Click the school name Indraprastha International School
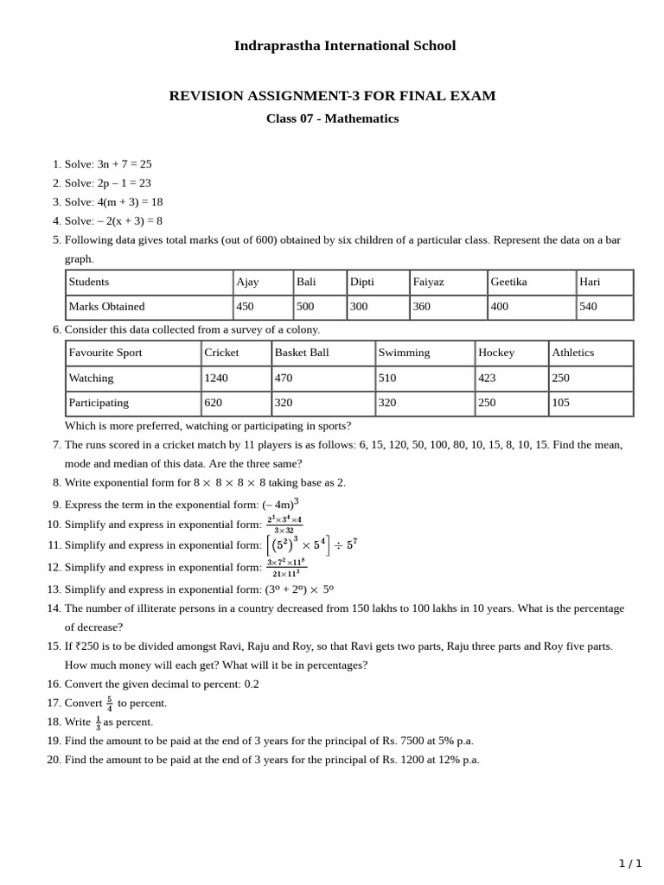click(344, 46)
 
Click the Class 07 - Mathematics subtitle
click(332, 118)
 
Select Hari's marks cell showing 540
click(588, 306)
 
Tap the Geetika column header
click(508, 282)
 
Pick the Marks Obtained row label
click(106, 306)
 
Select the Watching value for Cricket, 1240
click(216, 378)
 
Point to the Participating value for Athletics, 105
click(563, 402)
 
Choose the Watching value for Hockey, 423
click(488, 378)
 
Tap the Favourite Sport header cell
click(105, 353)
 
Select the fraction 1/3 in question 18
click(98, 722)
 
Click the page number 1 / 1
click(630, 863)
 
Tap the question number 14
click(54, 608)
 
